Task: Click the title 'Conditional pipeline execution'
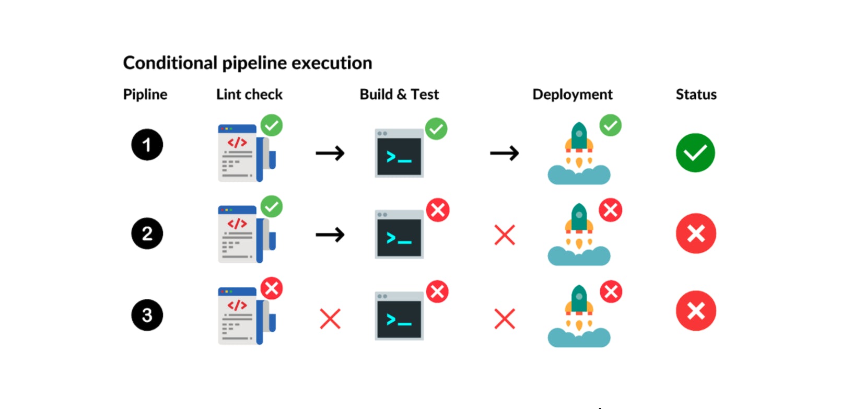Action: coord(247,63)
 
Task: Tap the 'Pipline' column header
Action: coord(145,95)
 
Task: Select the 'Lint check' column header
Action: coord(249,95)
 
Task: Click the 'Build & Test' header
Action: coord(399,95)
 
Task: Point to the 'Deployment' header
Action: coord(572,95)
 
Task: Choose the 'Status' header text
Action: coord(696,95)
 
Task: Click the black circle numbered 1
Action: coord(147,145)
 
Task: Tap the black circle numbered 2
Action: coord(147,233)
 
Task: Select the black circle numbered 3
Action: coord(147,315)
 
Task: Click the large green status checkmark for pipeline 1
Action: coord(695,153)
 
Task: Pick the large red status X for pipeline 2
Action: coord(695,233)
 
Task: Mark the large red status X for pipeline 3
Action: coord(695,311)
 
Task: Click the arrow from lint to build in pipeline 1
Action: coord(330,153)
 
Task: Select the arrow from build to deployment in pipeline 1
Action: coord(504,153)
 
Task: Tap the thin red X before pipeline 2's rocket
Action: coord(505,235)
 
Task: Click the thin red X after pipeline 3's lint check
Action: coord(330,319)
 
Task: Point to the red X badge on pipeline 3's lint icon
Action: coord(272,288)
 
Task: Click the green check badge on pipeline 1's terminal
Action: coord(436,128)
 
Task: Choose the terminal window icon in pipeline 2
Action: coord(399,235)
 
